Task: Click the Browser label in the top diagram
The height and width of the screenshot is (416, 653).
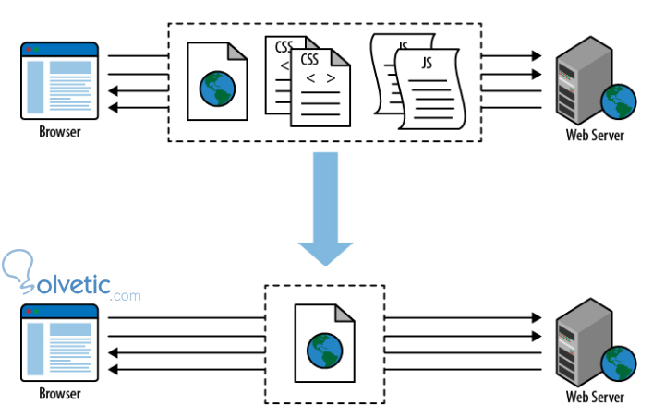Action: click(x=59, y=131)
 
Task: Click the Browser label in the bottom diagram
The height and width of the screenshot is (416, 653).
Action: click(x=59, y=394)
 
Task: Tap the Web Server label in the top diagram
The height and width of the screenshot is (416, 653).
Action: click(x=594, y=136)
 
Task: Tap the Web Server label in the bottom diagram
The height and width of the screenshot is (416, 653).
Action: click(x=594, y=398)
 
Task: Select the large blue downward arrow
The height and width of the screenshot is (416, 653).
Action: click(x=324, y=208)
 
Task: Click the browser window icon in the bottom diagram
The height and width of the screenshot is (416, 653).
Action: click(x=59, y=342)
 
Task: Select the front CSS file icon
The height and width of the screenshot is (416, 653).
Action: click(x=318, y=89)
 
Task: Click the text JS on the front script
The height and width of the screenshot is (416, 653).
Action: click(x=427, y=63)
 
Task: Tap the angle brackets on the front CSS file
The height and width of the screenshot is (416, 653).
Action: click(x=320, y=77)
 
